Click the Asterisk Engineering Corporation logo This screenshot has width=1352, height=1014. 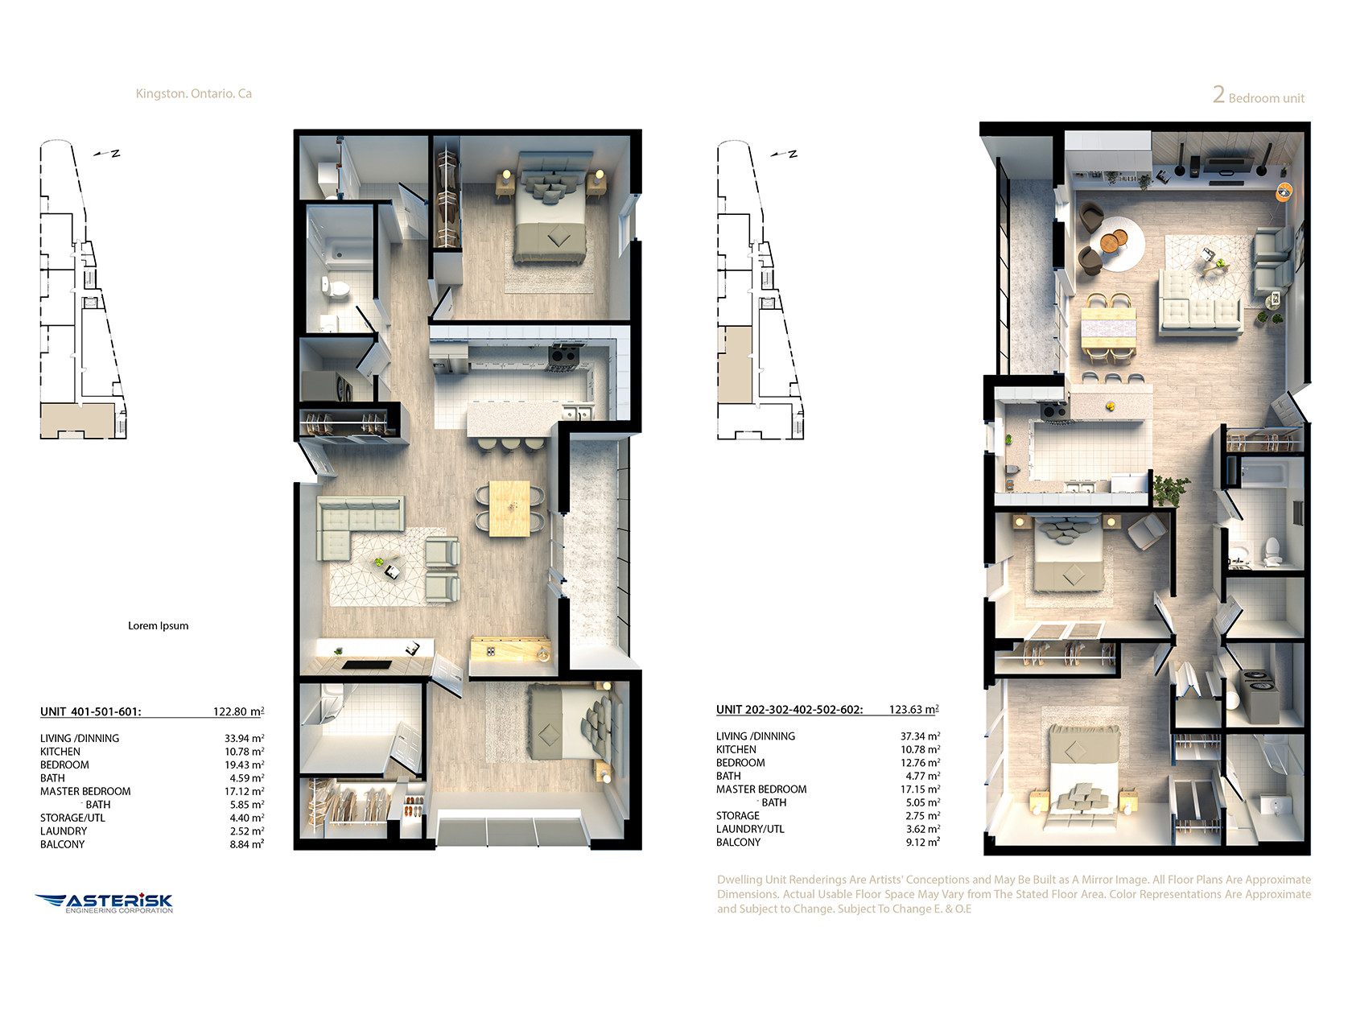[x=104, y=903]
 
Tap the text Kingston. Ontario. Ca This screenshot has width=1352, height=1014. [x=193, y=93]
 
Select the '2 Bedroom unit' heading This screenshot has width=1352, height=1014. [x=1259, y=96]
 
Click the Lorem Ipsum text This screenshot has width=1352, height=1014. [x=159, y=625]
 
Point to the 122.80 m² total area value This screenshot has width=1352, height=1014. [x=239, y=711]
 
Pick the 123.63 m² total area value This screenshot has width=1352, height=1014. [x=914, y=709]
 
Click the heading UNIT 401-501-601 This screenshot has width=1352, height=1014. [x=91, y=711]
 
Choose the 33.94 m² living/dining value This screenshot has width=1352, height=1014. [x=245, y=738]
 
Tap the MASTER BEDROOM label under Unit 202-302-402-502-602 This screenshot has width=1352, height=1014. [x=761, y=789]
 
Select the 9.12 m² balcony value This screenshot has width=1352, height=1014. [x=923, y=843]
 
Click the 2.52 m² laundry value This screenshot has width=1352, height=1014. [x=247, y=831]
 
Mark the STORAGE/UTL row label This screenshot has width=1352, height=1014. [x=72, y=818]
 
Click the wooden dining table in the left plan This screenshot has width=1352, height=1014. [x=509, y=509]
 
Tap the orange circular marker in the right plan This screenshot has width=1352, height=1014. [x=1284, y=192]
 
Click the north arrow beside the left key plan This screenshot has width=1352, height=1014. [x=106, y=153]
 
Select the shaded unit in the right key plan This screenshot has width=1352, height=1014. [x=736, y=365]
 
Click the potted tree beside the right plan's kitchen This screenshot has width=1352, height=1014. [x=1169, y=491]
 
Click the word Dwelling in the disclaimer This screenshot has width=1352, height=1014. [x=739, y=880]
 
